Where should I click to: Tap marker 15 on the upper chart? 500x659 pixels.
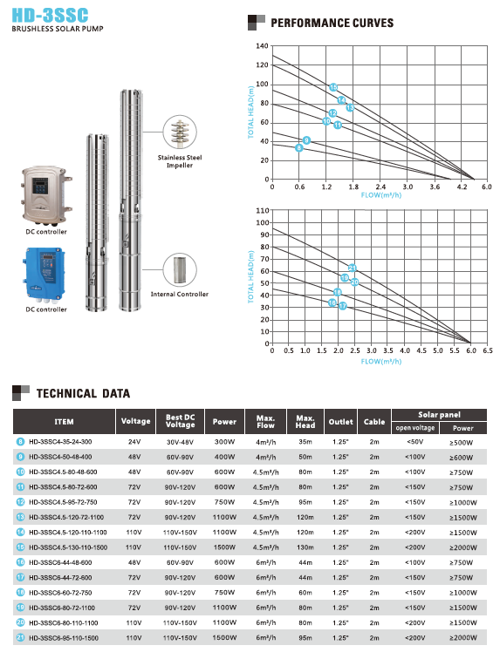[x=333, y=87]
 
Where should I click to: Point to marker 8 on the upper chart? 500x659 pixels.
[x=299, y=148]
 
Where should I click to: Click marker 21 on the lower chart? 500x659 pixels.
[x=353, y=268]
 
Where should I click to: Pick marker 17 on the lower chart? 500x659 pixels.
[x=342, y=306]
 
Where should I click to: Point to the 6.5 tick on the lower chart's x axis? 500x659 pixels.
[x=487, y=350]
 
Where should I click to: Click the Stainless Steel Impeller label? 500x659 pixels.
[x=180, y=161]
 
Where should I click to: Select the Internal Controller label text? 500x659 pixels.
[x=180, y=295]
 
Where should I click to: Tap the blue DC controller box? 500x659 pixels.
[x=46, y=273]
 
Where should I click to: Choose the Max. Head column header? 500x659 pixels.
[x=305, y=422]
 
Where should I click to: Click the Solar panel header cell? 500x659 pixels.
[x=439, y=415]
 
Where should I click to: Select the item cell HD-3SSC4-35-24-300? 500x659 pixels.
[x=64, y=443]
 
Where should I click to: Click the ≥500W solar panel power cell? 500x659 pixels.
[x=463, y=443]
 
